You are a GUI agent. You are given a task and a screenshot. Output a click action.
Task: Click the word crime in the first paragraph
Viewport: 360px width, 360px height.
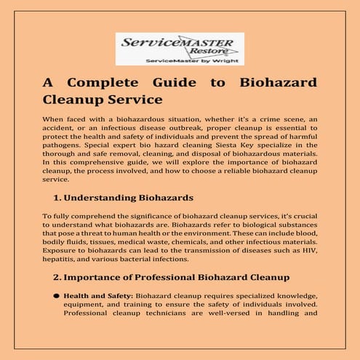[244, 118]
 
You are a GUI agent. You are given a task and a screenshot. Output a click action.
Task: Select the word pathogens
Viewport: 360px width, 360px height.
[64, 146]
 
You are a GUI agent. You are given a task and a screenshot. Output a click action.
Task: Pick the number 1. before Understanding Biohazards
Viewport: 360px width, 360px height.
[58, 198]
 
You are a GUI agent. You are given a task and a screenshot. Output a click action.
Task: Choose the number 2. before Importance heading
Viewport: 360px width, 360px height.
[58, 277]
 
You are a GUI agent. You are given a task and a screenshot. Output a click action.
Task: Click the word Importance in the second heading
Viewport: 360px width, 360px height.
[94, 277]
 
